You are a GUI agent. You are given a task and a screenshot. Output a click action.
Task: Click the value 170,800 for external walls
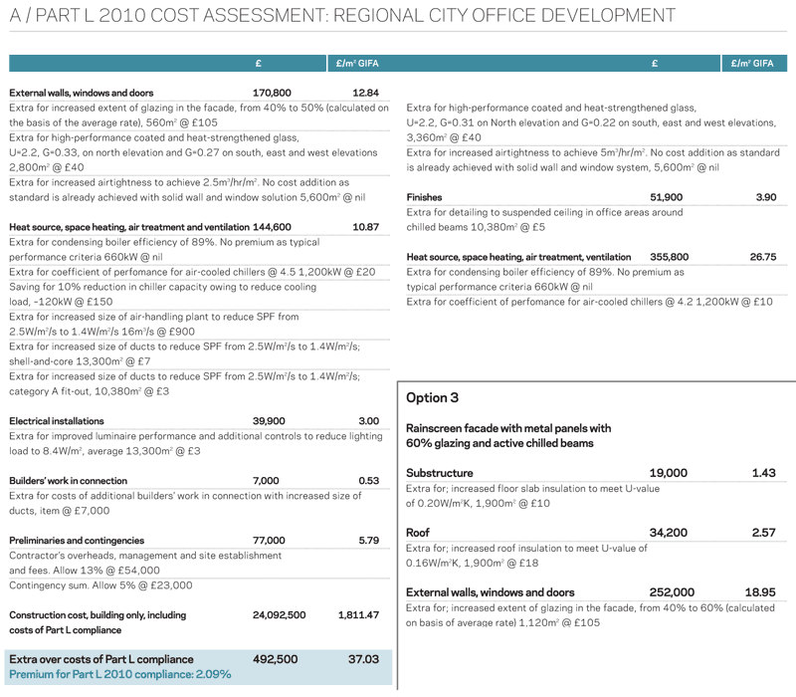click(272, 92)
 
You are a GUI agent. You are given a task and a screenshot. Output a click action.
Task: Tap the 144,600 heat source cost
click(272, 227)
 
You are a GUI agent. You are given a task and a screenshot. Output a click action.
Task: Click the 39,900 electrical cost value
click(269, 421)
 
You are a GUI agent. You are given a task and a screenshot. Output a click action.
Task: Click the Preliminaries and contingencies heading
click(77, 541)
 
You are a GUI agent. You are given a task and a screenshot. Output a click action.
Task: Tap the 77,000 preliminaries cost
click(269, 541)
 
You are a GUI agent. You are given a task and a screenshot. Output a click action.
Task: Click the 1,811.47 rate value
click(358, 615)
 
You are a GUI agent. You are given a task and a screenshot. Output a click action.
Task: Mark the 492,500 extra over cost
click(274, 659)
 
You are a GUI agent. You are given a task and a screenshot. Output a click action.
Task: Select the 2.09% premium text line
click(119, 674)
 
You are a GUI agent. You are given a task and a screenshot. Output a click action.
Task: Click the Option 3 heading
click(433, 398)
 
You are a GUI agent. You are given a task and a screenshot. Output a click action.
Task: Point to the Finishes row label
click(425, 198)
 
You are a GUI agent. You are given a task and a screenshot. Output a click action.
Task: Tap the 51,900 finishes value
click(666, 198)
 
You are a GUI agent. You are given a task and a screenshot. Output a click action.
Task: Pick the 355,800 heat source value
click(670, 257)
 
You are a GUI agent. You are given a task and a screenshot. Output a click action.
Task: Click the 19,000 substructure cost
click(668, 473)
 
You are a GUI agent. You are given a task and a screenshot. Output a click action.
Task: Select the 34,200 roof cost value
click(668, 533)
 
